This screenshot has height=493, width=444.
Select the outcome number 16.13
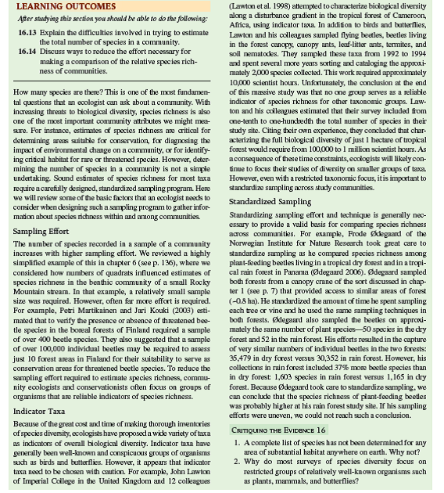pyautogui.click(x=29, y=36)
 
